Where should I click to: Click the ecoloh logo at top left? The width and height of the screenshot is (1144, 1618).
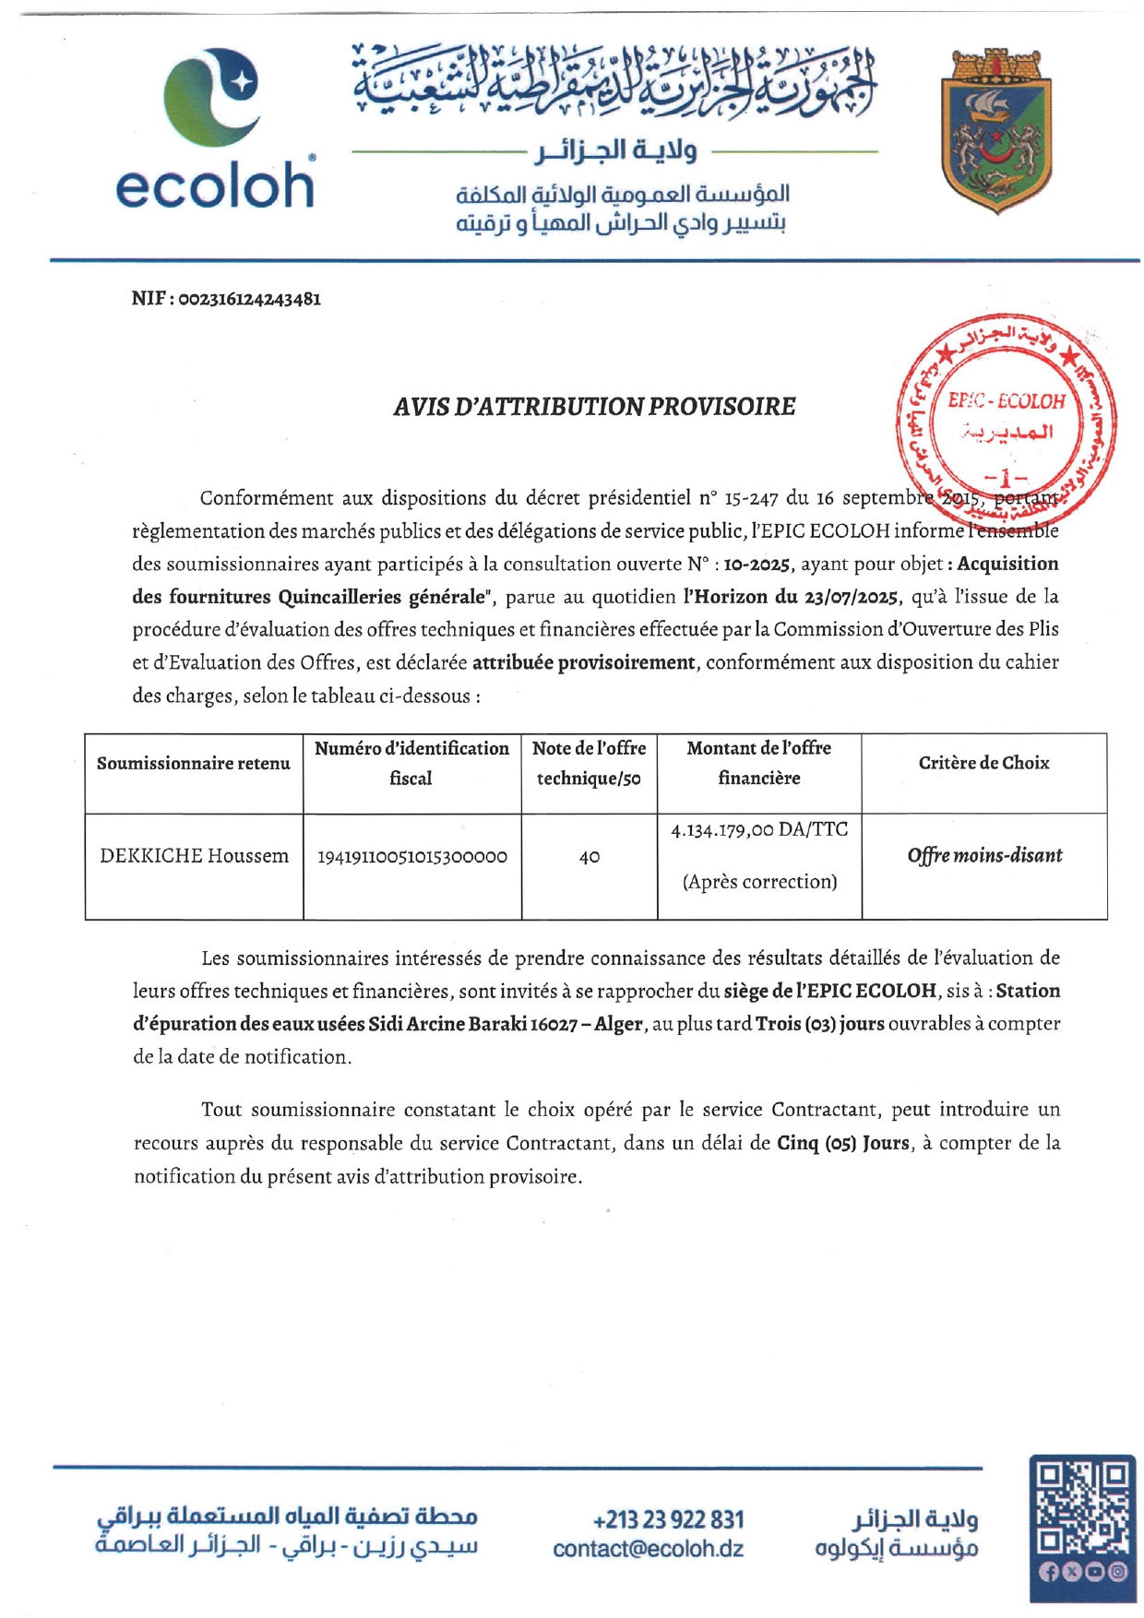215,129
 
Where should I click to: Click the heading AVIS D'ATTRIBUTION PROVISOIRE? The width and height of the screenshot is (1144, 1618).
594,407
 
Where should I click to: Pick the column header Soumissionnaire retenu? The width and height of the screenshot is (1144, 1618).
194,764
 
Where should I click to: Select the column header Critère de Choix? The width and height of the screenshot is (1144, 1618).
983,763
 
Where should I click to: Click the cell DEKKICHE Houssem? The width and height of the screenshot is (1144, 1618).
194,856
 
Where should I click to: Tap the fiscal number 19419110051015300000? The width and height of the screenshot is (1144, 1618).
411,857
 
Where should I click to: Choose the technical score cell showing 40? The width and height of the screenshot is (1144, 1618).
590,857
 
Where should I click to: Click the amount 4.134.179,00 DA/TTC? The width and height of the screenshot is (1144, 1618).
759,829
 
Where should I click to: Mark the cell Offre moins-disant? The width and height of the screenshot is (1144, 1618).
984,856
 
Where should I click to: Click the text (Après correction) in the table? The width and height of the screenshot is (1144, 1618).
759,882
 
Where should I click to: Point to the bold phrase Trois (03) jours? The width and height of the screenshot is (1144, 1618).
820,1024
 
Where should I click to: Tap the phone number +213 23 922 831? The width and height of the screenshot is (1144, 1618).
668,1519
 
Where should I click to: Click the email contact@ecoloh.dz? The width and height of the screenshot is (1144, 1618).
648,1549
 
